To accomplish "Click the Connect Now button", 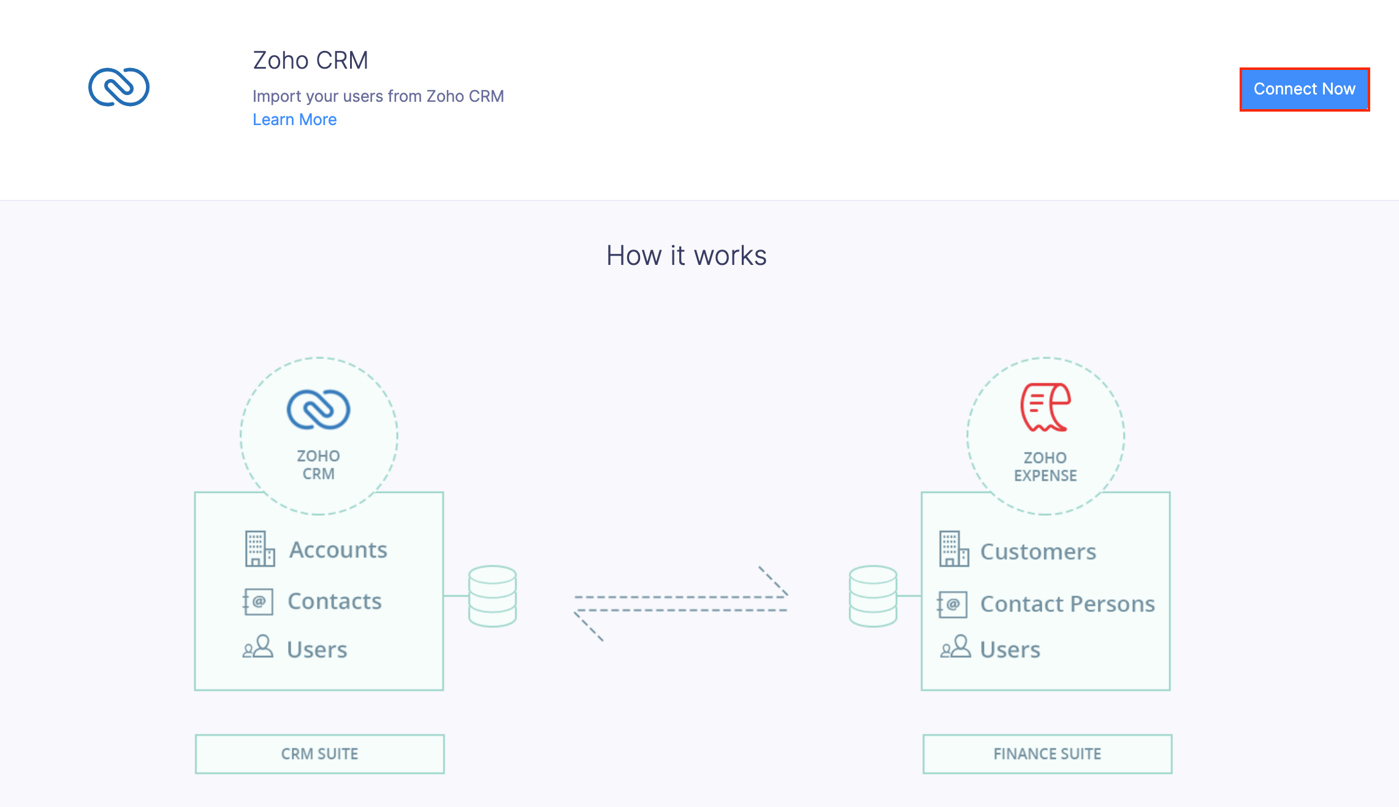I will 1304,90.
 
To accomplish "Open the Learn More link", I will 294,120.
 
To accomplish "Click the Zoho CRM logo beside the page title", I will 119,87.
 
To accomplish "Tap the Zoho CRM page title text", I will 310,61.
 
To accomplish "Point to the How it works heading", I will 686,256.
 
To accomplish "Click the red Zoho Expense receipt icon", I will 1045,407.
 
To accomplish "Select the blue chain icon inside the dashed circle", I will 318,409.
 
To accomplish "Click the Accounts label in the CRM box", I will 338,550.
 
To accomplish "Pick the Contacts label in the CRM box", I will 334,602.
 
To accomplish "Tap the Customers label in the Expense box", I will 1038,552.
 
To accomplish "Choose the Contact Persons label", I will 1067,604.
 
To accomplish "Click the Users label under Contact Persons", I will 1010,649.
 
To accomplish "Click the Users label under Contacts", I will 316,649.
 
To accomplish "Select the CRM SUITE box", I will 319,754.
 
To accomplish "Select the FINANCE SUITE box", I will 1047,754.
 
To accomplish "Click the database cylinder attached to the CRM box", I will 492,596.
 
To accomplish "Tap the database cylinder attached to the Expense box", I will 873,596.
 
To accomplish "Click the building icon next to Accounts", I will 259,549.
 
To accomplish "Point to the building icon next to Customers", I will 953,549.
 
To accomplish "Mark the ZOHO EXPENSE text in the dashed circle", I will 1045,467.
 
